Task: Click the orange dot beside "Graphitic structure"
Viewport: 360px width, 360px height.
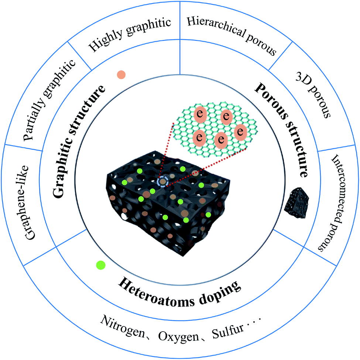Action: tap(121, 75)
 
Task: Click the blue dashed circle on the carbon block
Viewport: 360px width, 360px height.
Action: tap(162, 182)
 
